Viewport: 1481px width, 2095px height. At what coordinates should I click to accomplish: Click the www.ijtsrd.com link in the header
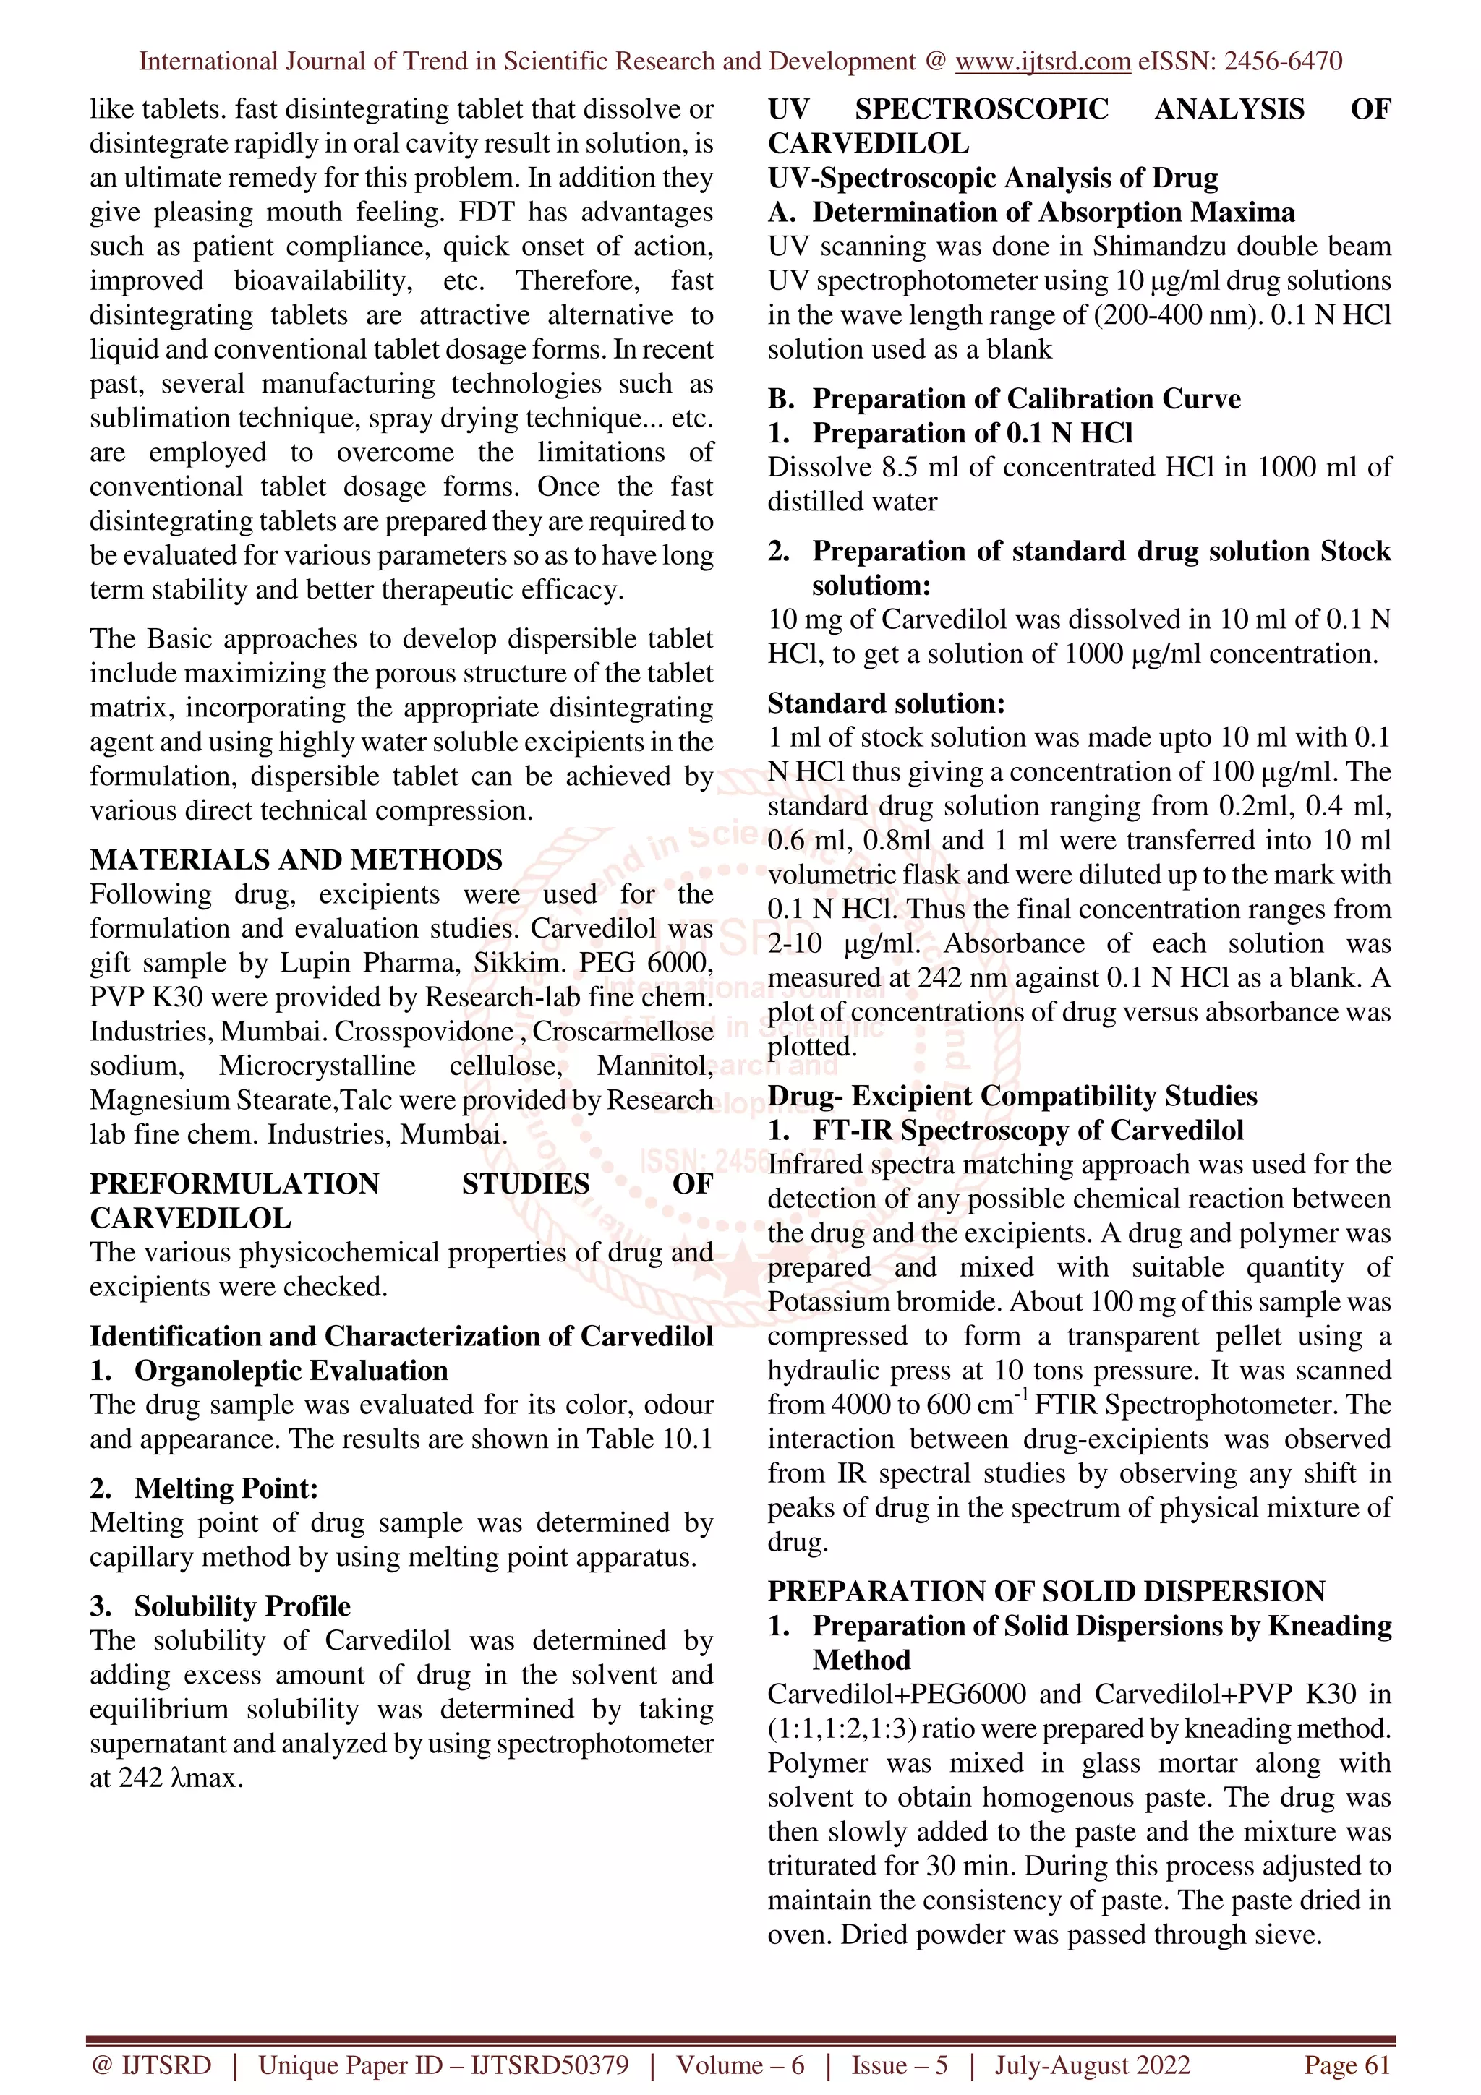(x=1042, y=61)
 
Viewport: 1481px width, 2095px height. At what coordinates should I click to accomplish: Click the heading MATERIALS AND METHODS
(x=296, y=860)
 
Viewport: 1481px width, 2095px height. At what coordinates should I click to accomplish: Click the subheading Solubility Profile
(x=242, y=1606)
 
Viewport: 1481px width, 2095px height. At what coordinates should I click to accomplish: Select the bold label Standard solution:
(x=886, y=703)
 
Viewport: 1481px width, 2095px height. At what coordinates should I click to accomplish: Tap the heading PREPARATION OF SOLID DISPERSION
(x=1046, y=1591)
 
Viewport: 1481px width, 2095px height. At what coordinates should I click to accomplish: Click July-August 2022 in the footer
(x=1092, y=2065)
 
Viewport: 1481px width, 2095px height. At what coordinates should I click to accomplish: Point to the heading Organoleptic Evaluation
(x=291, y=1371)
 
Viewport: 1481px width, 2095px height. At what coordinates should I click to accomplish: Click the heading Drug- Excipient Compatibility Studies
(x=1012, y=1096)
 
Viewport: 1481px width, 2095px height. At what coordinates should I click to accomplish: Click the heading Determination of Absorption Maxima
(x=1053, y=213)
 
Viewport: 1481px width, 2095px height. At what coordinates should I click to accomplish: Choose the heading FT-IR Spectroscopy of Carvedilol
(x=1028, y=1131)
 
